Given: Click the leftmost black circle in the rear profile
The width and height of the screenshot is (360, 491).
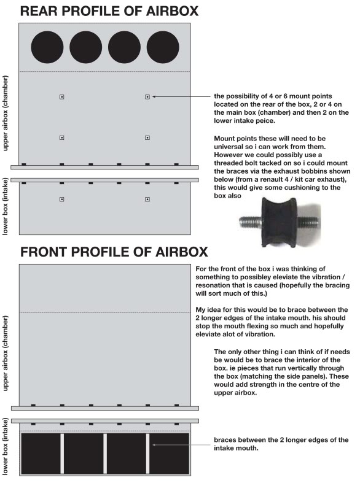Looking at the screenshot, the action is pyautogui.click(x=47, y=48).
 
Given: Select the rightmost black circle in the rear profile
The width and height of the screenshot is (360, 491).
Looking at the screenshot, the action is pyautogui.click(x=163, y=48).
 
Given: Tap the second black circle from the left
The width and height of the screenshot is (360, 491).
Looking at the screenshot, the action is pyautogui.click(x=86, y=48).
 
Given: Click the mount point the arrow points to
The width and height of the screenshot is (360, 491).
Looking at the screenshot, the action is pyautogui.click(x=147, y=97).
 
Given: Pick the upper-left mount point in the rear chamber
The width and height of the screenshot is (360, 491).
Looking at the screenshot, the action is pyautogui.click(x=61, y=97).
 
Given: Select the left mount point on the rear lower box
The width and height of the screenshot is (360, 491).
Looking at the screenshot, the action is pyautogui.click(x=61, y=199).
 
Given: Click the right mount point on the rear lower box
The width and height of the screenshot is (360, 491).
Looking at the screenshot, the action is pyautogui.click(x=147, y=199).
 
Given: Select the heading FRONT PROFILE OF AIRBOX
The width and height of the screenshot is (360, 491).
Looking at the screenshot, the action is pyautogui.click(x=114, y=252).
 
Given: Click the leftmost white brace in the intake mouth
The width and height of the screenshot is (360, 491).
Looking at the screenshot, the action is pyautogui.click(x=62, y=453).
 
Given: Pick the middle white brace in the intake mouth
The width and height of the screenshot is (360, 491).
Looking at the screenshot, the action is pyautogui.click(x=105, y=453).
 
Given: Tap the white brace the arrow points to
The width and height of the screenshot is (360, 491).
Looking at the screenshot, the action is pyautogui.click(x=147, y=453).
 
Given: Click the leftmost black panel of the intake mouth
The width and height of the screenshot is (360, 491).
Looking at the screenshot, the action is pyautogui.click(x=41, y=453).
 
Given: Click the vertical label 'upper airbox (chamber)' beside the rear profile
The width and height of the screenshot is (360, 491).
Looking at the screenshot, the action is pyautogui.click(x=6, y=114).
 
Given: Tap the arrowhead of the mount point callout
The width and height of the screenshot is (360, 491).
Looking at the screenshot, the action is pyautogui.click(x=154, y=97).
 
